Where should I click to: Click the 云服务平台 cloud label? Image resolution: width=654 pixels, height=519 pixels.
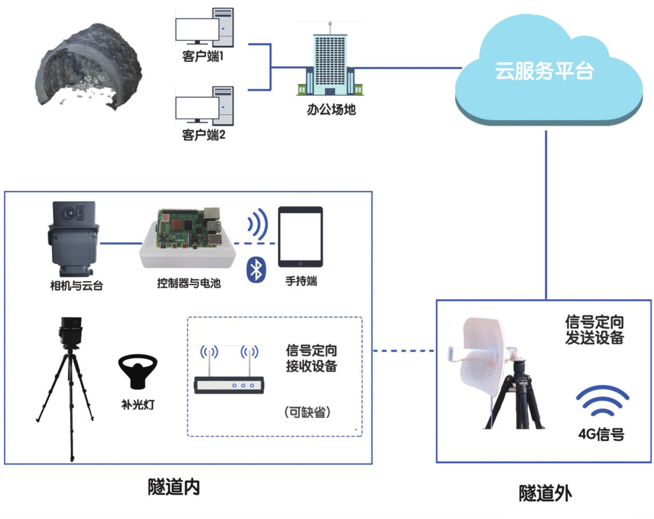point(544,71)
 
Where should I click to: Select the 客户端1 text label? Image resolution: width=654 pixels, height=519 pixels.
point(202,57)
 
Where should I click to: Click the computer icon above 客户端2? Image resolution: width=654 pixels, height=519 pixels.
point(204,106)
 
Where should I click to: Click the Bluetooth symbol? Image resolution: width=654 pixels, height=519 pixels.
point(256,270)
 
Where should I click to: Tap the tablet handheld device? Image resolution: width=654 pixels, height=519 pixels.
point(300,237)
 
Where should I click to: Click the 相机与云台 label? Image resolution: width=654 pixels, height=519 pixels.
point(76,285)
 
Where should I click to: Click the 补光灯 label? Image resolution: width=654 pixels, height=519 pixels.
point(138,404)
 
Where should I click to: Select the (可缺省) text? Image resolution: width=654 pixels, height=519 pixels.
point(307,412)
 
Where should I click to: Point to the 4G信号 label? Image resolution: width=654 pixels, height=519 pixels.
point(601,434)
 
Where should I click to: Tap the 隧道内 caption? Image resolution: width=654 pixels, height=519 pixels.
point(174,487)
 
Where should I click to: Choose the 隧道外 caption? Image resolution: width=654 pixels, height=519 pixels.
point(545,494)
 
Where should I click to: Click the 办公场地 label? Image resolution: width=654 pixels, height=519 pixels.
point(331,110)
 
